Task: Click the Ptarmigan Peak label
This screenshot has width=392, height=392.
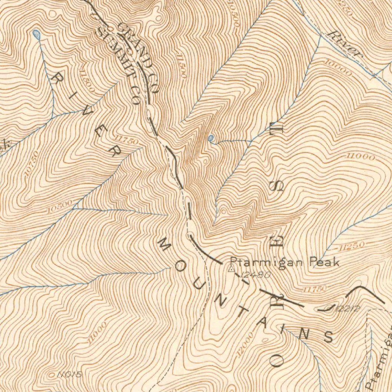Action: tap(284, 262)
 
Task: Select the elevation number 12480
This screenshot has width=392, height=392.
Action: tap(256, 274)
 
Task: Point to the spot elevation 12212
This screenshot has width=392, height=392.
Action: tap(346, 309)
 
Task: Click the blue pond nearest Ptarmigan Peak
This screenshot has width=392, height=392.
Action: tap(211, 137)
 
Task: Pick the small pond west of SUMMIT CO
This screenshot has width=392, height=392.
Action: tap(36, 34)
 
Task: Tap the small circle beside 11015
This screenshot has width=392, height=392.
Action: tap(52, 375)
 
